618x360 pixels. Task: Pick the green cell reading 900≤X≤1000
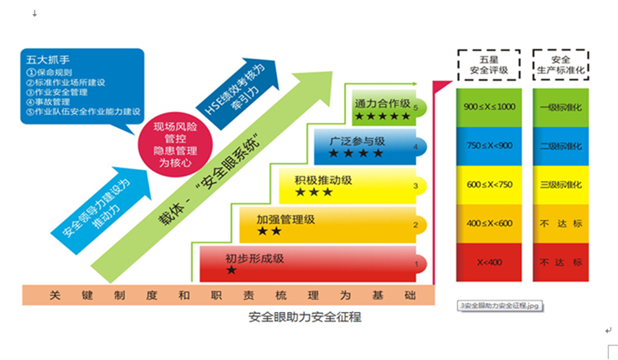[489, 107]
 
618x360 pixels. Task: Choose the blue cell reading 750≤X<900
[489, 146]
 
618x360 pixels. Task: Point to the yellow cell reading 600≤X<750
[489, 185]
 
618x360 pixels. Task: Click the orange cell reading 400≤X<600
[489, 223]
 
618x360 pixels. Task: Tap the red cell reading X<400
[489, 262]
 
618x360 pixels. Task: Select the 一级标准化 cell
[561, 107]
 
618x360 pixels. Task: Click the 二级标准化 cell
[561, 146]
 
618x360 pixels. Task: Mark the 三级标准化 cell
[561, 185]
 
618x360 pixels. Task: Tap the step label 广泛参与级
[356, 142]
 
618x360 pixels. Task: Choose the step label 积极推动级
[323, 180]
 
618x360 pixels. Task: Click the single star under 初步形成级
[231, 271]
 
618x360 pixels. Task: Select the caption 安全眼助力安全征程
[305, 317]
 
